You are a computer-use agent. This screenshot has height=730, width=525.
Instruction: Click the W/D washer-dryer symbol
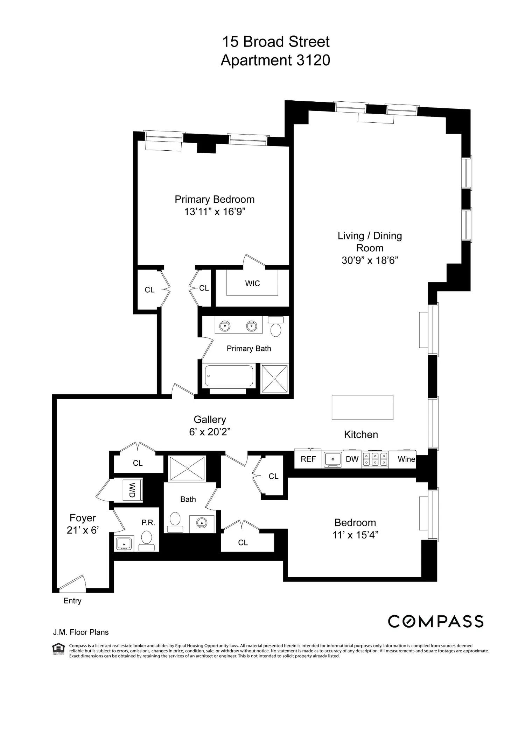pos(133,490)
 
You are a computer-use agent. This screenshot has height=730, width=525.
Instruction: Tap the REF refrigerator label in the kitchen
pos(308,459)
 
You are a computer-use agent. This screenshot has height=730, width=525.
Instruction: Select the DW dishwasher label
pos(352,459)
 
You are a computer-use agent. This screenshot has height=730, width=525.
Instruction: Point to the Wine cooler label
pos(406,459)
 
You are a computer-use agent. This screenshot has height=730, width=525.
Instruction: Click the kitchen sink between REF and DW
pos(333,459)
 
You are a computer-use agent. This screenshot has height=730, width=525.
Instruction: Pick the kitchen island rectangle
pos(362,407)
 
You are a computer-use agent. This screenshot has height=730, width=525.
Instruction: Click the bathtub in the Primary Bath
pos(229,376)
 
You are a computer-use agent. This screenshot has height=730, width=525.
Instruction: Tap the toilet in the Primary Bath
pos(276,327)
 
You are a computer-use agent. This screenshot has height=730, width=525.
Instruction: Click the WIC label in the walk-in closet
pos(252,284)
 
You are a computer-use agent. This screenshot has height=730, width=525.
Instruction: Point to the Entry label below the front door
pos(72,601)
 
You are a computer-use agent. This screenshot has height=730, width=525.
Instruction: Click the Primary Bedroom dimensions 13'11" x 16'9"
pos(215,212)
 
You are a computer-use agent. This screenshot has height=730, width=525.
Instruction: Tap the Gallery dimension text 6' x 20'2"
pos(210,432)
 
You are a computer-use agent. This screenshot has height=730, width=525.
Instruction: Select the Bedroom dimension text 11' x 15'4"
pos(355,535)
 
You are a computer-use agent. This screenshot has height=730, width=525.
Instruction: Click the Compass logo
pos(436,622)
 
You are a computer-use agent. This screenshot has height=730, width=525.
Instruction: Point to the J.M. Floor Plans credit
pos(81,632)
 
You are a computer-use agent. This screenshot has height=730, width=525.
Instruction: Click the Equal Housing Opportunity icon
pos(58,649)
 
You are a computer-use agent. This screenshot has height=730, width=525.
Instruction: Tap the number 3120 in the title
pos(313,60)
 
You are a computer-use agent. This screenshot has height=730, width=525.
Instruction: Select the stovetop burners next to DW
pos(375,459)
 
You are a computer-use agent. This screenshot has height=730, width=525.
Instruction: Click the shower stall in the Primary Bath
pos(275,379)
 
